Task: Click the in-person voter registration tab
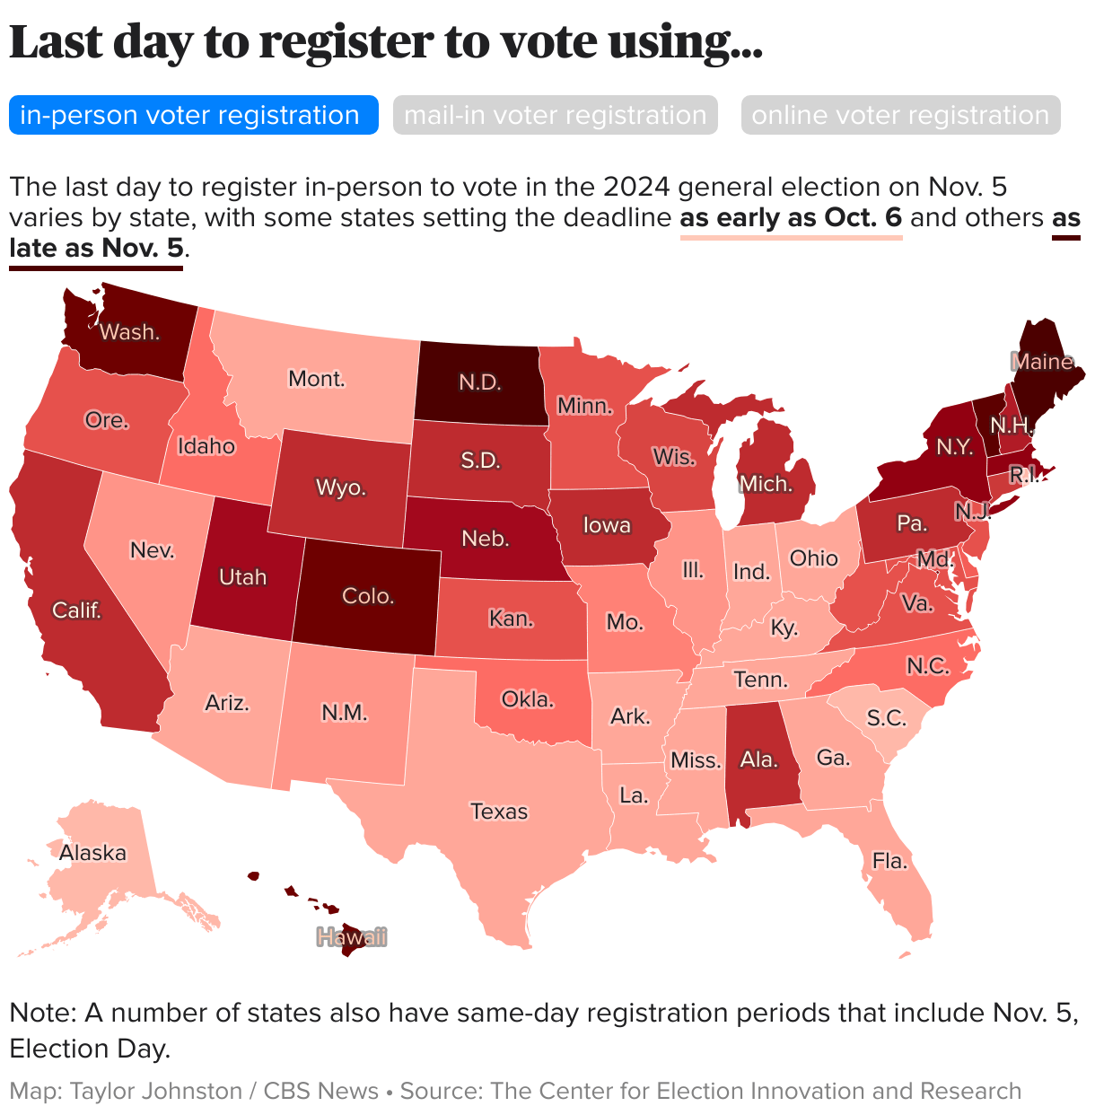[189, 116]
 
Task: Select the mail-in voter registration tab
[555, 116]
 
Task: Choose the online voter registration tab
[900, 116]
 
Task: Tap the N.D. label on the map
[480, 382]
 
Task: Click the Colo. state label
[369, 596]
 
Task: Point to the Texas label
[499, 812]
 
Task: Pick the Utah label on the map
[242, 576]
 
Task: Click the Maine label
[1042, 362]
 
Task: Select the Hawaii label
[352, 937]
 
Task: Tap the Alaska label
[92, 853]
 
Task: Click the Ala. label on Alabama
[758, 759]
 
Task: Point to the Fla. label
[889, 861]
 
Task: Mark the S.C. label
[887, 718]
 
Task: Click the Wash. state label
[130, 332]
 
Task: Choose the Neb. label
[486, 539]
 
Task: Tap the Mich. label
[766, 484]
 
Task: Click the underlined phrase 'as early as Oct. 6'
[791, 218]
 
